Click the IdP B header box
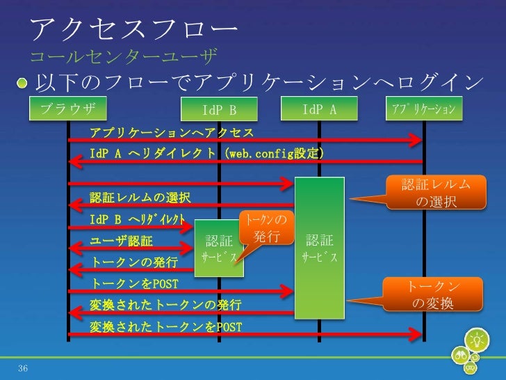(219, 110)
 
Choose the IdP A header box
(320, 109)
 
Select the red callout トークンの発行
(266, 230)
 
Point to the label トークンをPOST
(134, 284)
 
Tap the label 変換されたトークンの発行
(165, 305)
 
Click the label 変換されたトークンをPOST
(165, 326)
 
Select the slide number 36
(24, 367)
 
